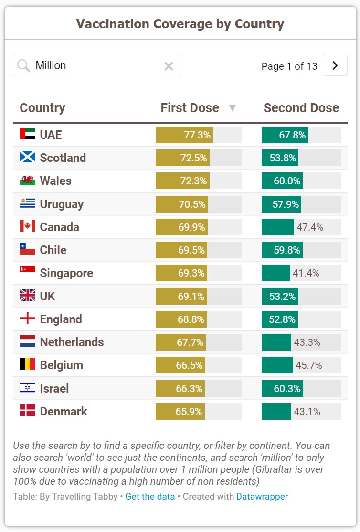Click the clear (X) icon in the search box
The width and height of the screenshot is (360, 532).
tap(169, 66)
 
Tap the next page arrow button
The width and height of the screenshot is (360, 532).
tap(335, 65)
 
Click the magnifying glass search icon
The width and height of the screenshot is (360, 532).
tap(23, 66)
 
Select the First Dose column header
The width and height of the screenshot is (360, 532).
tap(190, 108)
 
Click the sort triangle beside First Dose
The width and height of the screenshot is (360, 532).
tap(233, 108)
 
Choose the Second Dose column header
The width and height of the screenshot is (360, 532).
tap(301, 108)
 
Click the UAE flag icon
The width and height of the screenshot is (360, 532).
tap(28, 134)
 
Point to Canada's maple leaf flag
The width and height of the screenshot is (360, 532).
tap(28, 226)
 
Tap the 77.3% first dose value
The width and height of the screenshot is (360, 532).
tap(197, 135)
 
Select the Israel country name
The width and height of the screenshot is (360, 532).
tap(54, 388)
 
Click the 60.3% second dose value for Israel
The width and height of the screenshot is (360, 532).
tap(287, 389)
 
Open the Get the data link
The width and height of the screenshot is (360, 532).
tap(150, 496)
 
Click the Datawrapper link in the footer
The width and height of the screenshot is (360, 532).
tap(262, 496)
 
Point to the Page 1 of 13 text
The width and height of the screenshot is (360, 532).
tap(289, 66)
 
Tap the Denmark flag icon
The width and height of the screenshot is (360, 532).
tap(28, 411)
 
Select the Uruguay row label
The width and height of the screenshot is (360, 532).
tap(62, 204)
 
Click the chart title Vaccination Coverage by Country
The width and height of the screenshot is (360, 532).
tap(180, 24)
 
